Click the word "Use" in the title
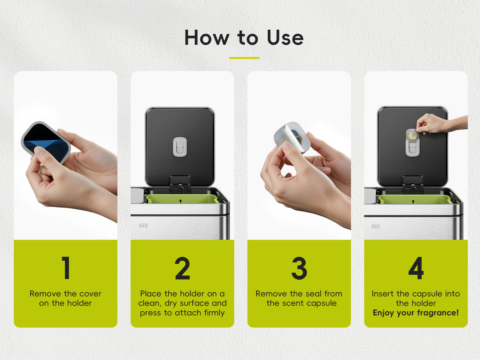point(285,38)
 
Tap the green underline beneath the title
point(244,58)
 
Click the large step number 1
point(66,268)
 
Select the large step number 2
point(182,268)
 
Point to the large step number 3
point(299,268)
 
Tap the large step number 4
point(416,268)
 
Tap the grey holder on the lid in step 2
point(180,147)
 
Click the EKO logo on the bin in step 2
point(144,225)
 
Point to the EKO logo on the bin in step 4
point(375,226)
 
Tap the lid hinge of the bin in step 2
point(180,182)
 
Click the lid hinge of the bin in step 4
point(412,182)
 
